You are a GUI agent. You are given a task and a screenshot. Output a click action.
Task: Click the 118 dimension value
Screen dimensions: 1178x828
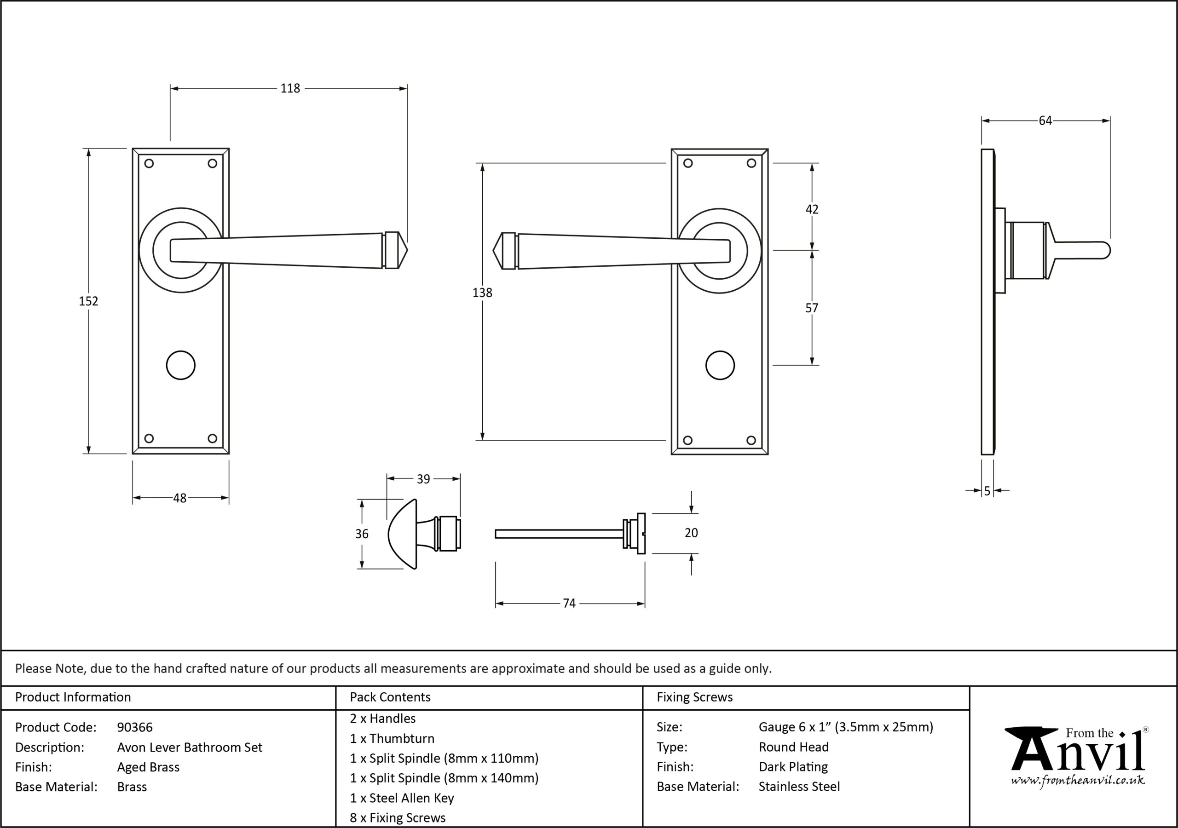[290, 88]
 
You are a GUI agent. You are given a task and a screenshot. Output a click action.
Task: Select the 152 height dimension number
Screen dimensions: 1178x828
[88, 301]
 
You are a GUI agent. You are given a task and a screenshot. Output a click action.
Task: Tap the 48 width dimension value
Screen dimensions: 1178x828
[179, 498]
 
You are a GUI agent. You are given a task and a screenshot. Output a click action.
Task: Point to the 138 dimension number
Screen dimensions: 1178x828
[482, 293]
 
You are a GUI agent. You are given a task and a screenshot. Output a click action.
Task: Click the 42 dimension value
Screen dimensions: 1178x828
[812, 209]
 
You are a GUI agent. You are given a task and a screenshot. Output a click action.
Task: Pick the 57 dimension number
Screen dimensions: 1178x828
[812, 308]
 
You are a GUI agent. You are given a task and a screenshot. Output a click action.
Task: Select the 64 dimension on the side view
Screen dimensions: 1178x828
[1045, 121]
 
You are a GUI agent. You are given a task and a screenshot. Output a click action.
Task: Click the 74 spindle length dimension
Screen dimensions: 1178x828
[569, 604]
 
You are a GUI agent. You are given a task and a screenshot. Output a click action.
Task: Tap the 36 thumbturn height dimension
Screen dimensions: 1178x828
[362, 534]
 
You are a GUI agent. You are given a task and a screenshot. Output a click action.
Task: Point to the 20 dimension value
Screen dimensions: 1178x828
[691, 533]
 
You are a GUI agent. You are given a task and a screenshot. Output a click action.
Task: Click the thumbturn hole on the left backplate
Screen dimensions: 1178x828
[180, 365]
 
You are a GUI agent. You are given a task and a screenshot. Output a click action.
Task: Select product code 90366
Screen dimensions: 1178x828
[135, 727]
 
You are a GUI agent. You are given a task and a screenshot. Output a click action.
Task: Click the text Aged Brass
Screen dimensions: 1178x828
[148, 767]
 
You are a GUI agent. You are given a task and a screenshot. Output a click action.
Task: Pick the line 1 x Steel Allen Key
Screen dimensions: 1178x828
[402, 798]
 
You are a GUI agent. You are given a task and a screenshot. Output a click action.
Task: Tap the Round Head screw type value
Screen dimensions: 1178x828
[794, 747]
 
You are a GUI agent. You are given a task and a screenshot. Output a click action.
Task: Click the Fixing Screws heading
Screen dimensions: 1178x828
[695, 697]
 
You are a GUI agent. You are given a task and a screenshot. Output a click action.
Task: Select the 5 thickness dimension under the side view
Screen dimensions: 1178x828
[987, 491]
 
